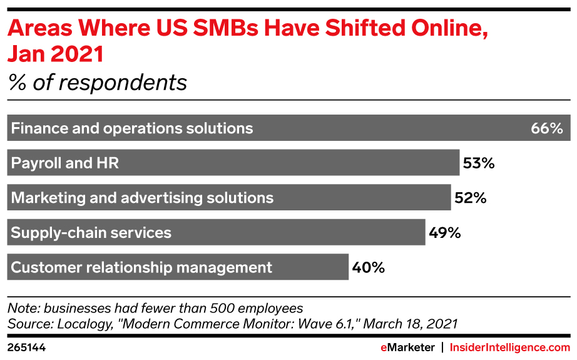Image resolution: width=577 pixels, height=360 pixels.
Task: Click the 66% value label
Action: click(547, 128)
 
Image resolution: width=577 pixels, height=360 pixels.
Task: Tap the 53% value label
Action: click(479, 163)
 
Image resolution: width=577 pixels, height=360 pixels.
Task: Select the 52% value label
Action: click(470, 198)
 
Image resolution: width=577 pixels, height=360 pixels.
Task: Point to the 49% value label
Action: click(445, 233)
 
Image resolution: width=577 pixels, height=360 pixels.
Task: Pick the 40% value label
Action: click(368, 267)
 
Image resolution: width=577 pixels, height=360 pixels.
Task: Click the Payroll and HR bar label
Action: click(65, 163)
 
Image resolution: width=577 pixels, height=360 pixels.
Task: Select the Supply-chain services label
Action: click(91, 233)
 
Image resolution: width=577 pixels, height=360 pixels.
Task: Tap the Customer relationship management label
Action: click(142, 267)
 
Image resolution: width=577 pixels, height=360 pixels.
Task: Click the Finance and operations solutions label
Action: click(132, 128)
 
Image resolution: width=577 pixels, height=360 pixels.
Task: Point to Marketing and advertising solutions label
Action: click(143, 198)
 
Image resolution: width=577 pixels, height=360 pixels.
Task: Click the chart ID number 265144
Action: click(26, 346)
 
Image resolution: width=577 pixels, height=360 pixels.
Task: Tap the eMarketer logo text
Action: click(408, 346)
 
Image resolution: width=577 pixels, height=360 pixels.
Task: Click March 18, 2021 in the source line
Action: click(411, 324)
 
